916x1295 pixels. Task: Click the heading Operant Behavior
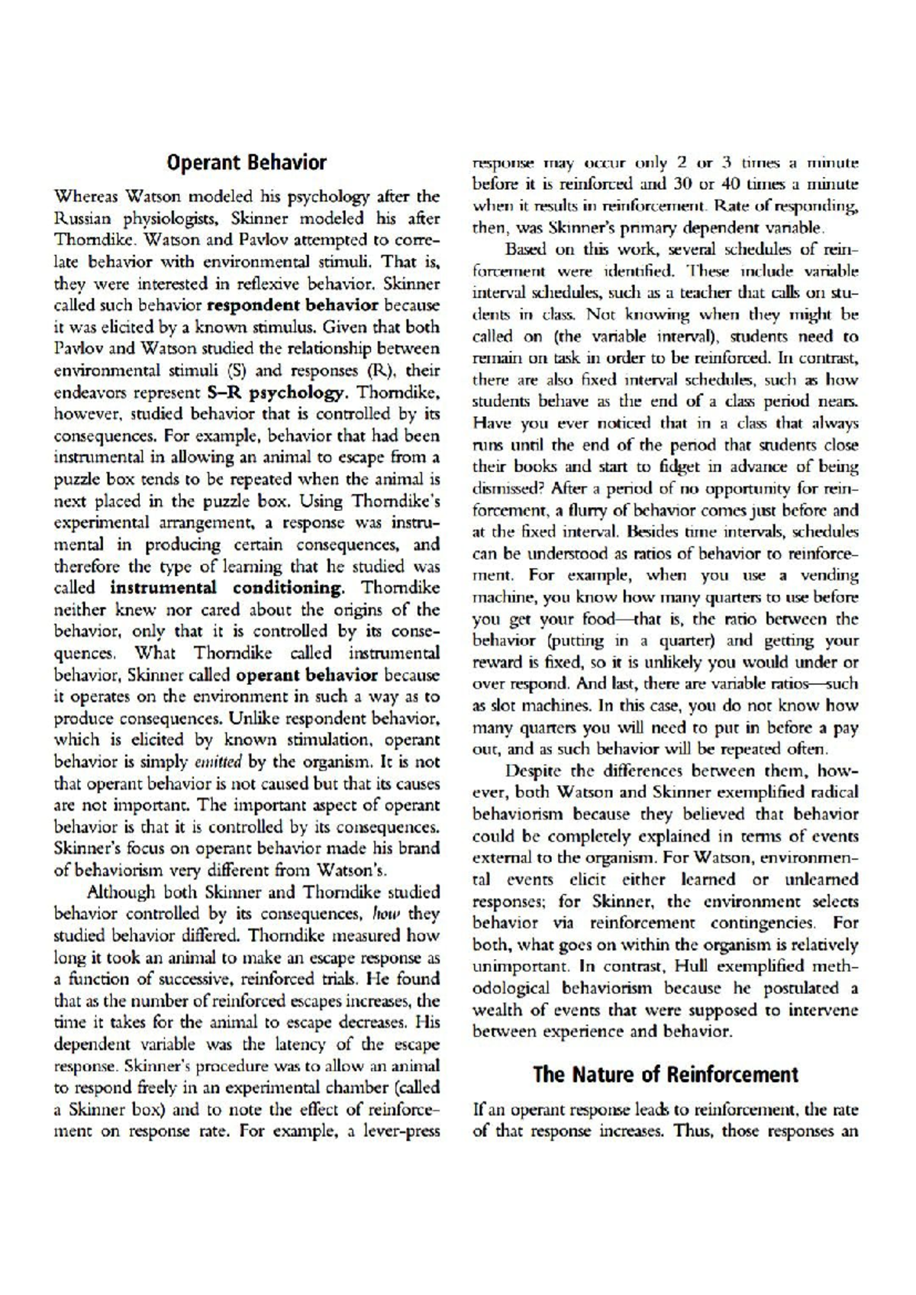247,163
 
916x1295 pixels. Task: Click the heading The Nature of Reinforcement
666,1074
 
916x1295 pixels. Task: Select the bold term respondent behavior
293,305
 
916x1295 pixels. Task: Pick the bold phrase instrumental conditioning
227,588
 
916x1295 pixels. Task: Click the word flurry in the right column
578,510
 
